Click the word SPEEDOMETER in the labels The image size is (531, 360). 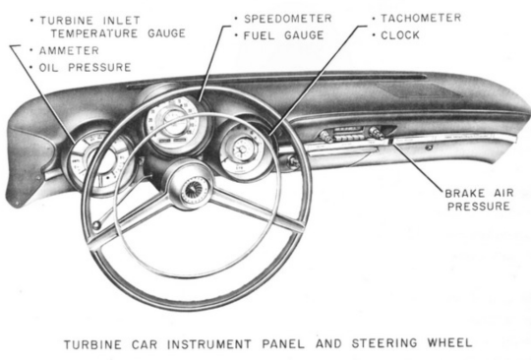pyautogui.click(x=287, y=19)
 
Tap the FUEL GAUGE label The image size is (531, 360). pyautogui.click(x=283, y=35)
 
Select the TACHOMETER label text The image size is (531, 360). pyautogui.click(x=421, y=18)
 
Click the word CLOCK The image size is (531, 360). pyautogui.click(x=400, y=34)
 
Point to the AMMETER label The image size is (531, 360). pyautogui.click(x=69, y=51)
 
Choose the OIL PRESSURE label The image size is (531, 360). pyautogui.click(x=85, y=68)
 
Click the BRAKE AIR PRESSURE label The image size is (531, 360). pyautogui.click(x=479, y=200)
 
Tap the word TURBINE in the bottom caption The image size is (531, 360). pyautogui.click(x=92, y=344)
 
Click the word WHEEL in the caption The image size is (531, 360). pyautogui.click(x=449, y=342)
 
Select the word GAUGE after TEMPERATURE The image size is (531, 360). pyautogui.click(x=166, y=33)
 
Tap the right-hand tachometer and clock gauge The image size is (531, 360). pyautogui.click(x=242, y=150)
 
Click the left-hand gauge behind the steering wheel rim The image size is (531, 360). pyautogui.click(x=99, y=162)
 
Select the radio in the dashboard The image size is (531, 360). pyautogui.click(x=352, y=135)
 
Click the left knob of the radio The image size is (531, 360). pyautogui.click(x=325, y=137)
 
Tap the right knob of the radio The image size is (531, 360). pyautogui.click(x=377, y=133)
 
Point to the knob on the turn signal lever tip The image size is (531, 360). pyautogui.click(x=96, y=225)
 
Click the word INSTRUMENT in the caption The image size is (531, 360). pyautogui.click(x=209, y=344)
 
